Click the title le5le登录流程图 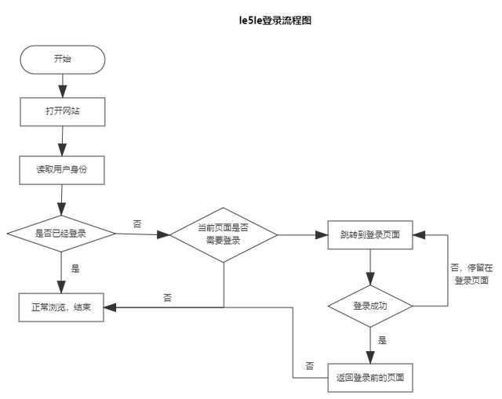275,20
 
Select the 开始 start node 62,59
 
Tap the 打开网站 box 62,111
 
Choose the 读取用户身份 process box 62,170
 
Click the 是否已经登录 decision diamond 61,234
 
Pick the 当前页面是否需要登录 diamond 224,234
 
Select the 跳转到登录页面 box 369,234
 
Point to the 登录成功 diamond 369,306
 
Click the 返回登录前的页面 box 369,378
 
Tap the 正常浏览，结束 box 62,307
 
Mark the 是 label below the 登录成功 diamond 383,341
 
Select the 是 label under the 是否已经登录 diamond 75,269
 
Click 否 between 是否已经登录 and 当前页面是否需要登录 137,224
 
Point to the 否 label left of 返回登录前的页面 310,366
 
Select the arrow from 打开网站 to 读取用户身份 62,141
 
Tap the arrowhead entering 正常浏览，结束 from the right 111,307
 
